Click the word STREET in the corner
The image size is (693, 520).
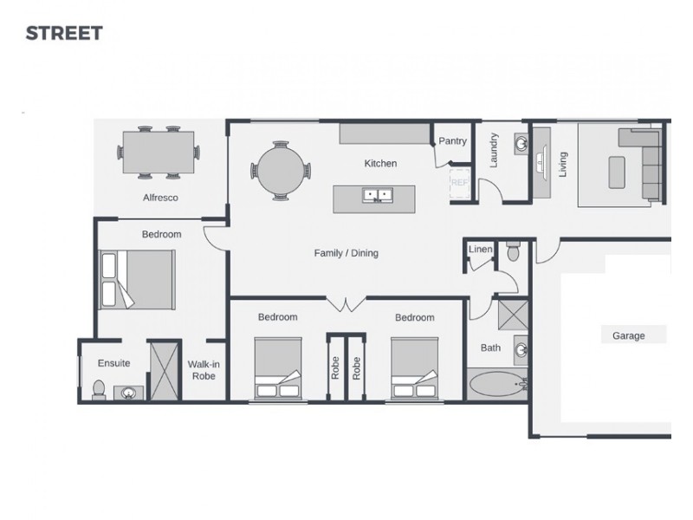[64, 34]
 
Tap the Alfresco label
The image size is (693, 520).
[160, 198]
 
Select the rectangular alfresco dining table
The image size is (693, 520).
[159, 152]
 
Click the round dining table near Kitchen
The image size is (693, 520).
[280, 171]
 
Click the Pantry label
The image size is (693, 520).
[452, 141]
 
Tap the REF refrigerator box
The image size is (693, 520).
[459, 183]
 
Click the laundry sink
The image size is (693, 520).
[520, 141]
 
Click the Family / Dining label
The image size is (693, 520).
[346, 253]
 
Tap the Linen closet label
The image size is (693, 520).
[480, 250]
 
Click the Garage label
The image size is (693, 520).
[628, 335]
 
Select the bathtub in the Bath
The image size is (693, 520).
[497, 383]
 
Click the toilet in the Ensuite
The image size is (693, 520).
[98, 389]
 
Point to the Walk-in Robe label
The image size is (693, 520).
[204, 370]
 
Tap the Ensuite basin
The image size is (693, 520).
[129, 393]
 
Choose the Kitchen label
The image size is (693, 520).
[380, 163]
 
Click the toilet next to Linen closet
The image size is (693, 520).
[512, 252]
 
